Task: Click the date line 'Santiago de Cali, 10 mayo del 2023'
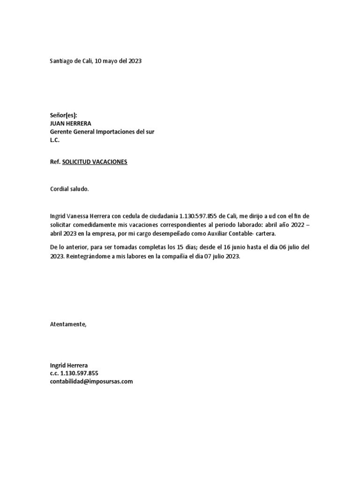96,61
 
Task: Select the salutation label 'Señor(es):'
63,115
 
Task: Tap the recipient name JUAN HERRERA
71,124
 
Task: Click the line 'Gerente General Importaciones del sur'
102,132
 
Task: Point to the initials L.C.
55,140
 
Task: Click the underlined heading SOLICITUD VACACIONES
95,162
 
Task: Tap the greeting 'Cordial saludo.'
69,189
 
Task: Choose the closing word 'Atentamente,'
68,324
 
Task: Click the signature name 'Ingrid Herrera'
69,365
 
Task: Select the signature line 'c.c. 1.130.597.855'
74,373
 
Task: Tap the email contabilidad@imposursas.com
91,382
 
